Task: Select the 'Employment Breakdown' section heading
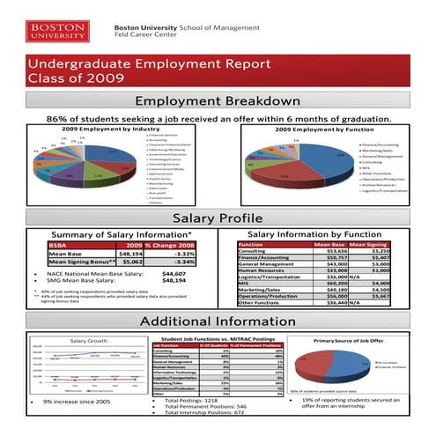point(218,103)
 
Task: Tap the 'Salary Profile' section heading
point(218,218)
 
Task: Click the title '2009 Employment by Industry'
point(105,129)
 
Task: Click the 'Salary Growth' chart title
point(89,340)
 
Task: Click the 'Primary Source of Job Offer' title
point(350,340)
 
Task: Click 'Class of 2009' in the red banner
point(74,78)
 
